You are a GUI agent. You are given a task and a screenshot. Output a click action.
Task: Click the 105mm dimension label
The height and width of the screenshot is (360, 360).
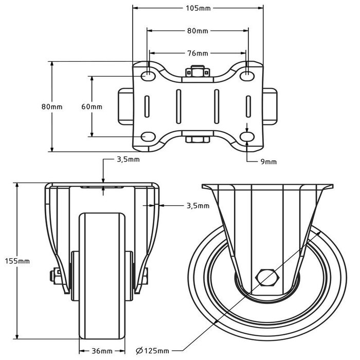click(x=198, y=8)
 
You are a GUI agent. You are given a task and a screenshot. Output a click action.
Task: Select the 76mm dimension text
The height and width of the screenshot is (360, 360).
click(x=198, y=53)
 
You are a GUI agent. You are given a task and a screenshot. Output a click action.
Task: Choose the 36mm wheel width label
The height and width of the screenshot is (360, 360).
click(x=102, y=351)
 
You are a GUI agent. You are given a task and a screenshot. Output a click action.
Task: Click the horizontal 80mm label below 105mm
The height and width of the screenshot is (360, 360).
click(x=198, y=31)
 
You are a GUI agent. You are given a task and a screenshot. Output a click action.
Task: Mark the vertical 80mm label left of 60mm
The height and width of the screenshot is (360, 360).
click(x=52, y=106)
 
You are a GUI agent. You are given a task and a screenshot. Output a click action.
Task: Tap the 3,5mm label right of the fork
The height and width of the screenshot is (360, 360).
click(x=197, y=206)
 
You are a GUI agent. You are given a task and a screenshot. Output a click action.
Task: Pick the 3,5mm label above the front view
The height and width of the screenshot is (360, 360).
click(x=127, y=160)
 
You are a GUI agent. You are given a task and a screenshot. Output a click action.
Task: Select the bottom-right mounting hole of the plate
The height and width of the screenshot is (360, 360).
click(x=247, y=137)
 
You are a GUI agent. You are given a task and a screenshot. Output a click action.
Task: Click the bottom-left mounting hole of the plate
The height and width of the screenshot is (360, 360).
click(x=149, y=137)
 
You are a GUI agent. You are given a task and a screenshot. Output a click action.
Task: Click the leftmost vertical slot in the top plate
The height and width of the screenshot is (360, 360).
click(x=148, y=106)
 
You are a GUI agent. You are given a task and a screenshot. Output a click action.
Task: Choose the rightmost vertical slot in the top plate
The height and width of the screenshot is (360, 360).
click(x=248, y=106)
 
